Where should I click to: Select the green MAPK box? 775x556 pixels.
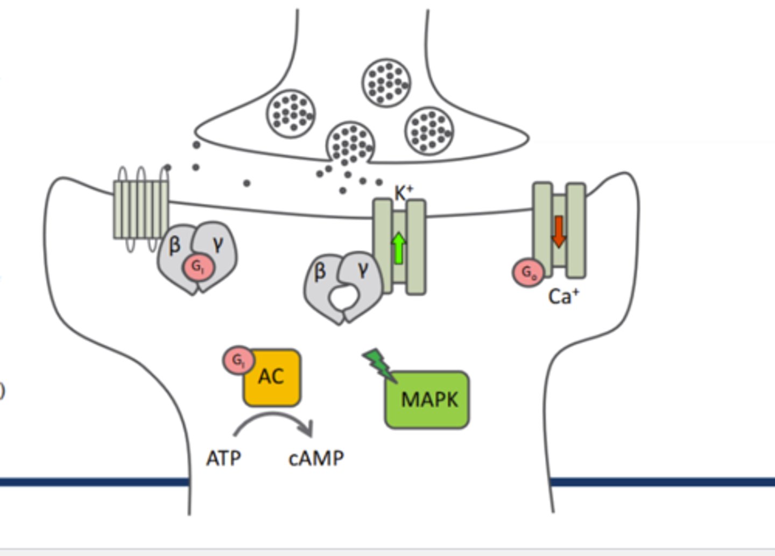tap(427, 400)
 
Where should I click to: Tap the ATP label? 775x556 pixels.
tap(223, 459)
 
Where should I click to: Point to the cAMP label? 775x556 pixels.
tap(316, 459)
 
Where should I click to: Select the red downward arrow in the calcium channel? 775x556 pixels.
tap(559, 231)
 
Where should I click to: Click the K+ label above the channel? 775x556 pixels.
tap(404, 193)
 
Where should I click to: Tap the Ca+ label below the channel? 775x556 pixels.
tap(563, 297)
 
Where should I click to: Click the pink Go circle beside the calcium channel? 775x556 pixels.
tap(528, 273)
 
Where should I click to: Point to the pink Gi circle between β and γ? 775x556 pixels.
tap(199, 267)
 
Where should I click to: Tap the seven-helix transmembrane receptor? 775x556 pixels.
tap(141, 209)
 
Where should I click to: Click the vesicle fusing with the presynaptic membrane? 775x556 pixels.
tap(350, 143)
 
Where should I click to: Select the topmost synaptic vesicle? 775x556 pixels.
tap(386, 83)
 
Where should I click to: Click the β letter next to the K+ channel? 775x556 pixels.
tap(320, 272)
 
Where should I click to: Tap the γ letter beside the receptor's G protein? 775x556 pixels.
tap(217, 245)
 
